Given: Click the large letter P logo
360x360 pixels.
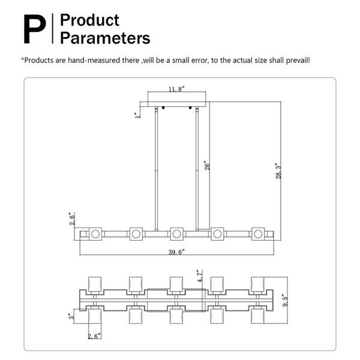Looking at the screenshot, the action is pyautogui.click(x=35, y=29).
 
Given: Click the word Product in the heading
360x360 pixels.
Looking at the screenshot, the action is pyautogui.click(x=89, y=20).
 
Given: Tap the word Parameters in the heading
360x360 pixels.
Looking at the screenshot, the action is pyautogui.click(x=105, y=38).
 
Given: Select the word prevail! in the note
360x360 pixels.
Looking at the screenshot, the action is pyautogui.click(x=298, y=61).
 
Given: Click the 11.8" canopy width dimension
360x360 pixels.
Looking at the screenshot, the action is pyautogui.click(x=176, y=89).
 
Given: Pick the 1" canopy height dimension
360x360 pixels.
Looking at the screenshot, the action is pyautogui.click(x=137, y=115).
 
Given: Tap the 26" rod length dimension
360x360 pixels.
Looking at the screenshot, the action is pyautogui.click(x=207, y=166).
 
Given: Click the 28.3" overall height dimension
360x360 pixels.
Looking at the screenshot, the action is pyautogui.click(x=278, y=171).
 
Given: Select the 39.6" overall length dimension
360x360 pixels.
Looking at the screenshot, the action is pyautogui.click(x=176, y=252).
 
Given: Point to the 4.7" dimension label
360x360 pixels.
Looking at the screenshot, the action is pyautogui.click(x=200, y=276).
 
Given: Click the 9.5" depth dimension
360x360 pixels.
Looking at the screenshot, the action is pyautogui.click(x=286, y=301).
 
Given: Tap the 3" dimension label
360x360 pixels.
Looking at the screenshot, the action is pyautogui.click(x=72, y=316).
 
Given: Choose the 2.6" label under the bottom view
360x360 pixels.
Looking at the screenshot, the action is pyautogui.click(x=94, y=336).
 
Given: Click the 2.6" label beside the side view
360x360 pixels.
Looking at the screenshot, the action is pyautogui.click(x=72, y=220).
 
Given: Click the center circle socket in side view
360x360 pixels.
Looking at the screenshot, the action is pyautogui.click(x=176, y=234).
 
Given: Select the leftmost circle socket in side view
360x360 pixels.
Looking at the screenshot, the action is pyautogui.click(x=95, y=234).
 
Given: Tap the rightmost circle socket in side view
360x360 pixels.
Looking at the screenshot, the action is pyautogui.click(x=258, y=234).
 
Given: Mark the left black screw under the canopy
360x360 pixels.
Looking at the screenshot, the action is pyautogui.click(x=163, y=107).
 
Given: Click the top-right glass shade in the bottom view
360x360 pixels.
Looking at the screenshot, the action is pyautogui.click(x=257, y=284).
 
